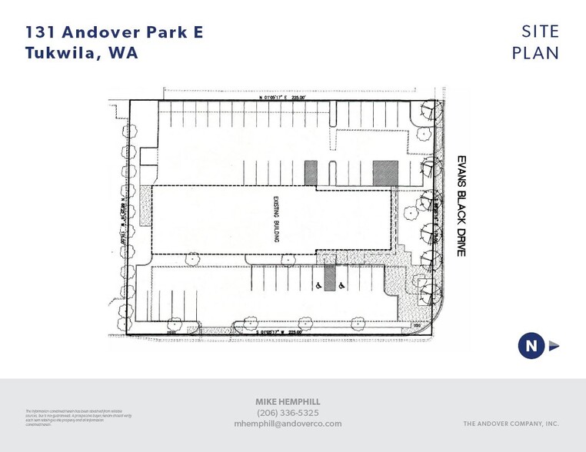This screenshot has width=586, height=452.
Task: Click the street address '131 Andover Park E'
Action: click(x=115, y=32)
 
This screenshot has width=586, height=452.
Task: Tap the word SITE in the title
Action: click(x=540, y=32)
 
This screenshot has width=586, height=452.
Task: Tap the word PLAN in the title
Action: click(x=536, y=53)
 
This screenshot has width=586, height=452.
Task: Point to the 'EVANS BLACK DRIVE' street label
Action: click(x=461, y=204)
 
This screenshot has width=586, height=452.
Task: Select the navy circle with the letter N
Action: click(x=531, y=346)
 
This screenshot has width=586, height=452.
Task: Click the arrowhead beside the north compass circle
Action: click(x=554, y=346)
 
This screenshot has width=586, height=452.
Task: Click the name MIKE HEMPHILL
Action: click(x=288, y=401)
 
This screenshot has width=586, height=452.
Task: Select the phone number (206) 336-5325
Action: click(x=288, y=412)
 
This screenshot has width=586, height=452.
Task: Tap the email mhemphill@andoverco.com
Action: click(x=288, y=424)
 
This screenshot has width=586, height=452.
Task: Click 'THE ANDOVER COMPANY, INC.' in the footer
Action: click(x=511, y=424)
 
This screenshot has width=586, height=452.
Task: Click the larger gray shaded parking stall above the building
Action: click(x=385, y=173)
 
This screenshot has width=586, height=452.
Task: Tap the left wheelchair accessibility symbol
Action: click(x=318, y=285)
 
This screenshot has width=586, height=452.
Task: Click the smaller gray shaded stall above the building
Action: click(x=311, y=172)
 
